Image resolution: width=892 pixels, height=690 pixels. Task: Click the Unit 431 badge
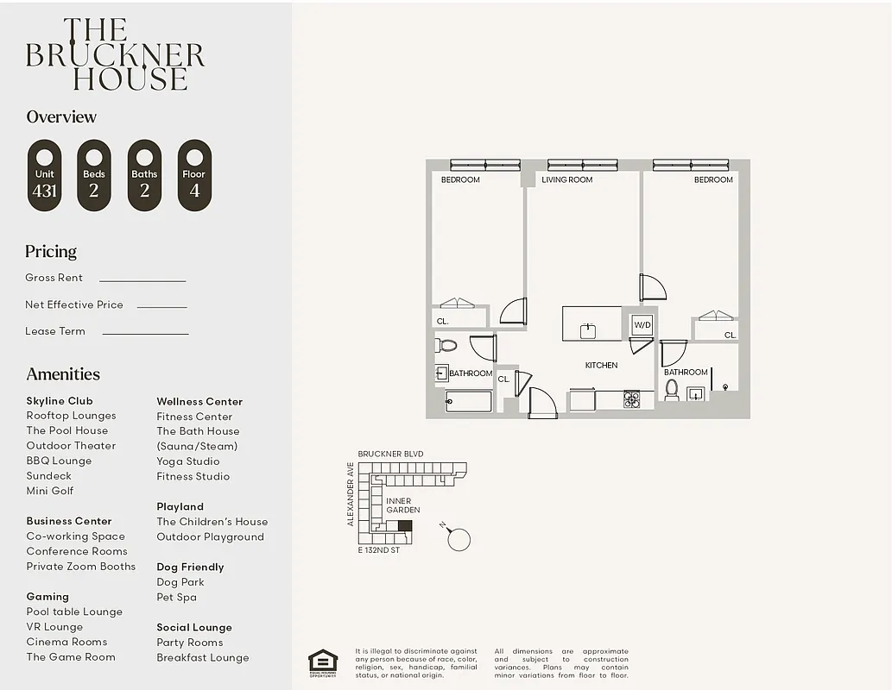[44, 176]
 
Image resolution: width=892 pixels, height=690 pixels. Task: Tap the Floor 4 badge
[194, 176]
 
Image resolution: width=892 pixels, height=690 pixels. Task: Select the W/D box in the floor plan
[642, 325]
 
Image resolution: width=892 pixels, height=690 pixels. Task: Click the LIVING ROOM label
[567, 179]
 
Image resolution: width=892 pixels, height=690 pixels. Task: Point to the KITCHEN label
[601, 365]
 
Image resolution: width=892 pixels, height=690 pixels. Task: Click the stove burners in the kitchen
[632, 398]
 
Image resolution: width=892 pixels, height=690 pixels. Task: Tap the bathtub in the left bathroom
[468, 402]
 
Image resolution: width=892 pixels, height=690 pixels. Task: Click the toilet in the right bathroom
[672, 390]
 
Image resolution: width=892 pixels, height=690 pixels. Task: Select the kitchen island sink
[589, 329]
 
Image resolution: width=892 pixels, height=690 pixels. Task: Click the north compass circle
[459, 540]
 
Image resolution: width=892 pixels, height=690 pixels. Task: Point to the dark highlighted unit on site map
[404, 525]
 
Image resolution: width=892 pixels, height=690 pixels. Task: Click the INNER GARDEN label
[398, 505]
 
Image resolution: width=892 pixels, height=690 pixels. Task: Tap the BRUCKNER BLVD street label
[390, 454]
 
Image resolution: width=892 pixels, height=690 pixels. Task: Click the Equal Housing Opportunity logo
[323, 662]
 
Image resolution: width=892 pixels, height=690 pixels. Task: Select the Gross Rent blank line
[142, 280]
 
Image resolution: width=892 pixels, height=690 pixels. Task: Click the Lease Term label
[55, 331]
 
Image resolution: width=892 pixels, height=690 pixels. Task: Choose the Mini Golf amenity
[50, 491]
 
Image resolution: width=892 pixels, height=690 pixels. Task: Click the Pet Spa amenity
[176, 597]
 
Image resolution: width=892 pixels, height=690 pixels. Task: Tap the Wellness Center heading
[199, 401]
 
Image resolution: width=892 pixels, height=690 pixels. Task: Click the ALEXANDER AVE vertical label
[351, 493]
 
